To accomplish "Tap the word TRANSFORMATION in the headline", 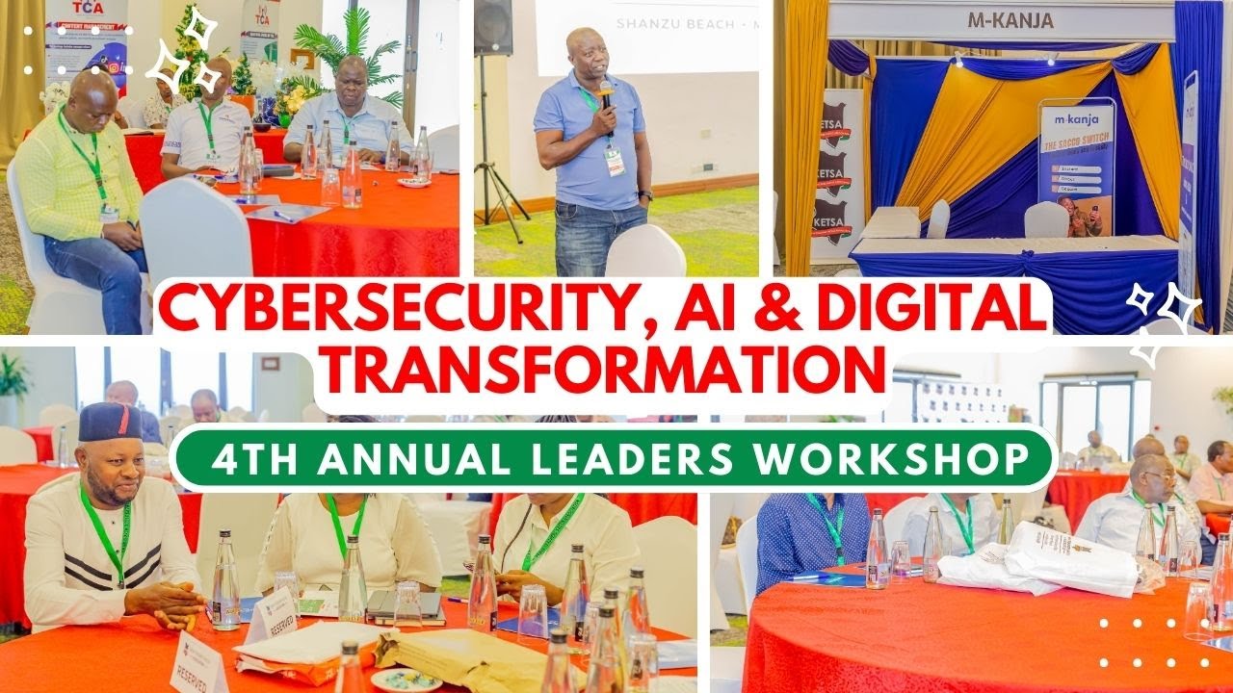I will tap(598, 371).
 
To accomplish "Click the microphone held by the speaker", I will tap(606, 92).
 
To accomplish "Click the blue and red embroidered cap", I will tap(110, 422).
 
